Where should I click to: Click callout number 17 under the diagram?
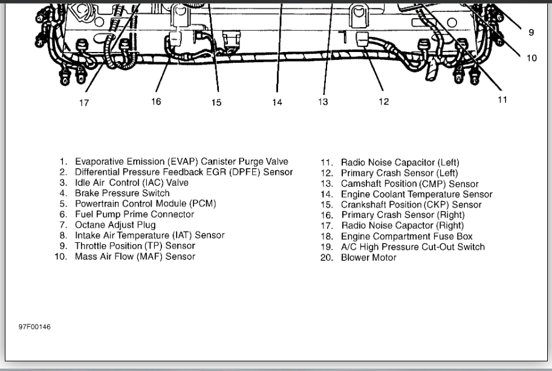84,103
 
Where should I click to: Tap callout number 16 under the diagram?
156,102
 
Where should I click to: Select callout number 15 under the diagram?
216,103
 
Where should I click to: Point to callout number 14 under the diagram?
277,103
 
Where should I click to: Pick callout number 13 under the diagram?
323,102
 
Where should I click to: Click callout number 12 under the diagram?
384,102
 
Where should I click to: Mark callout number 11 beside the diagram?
502,100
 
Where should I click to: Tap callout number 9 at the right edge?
531,33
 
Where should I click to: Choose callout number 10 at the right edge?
531,59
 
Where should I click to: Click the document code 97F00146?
34,327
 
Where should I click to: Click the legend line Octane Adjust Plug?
115,225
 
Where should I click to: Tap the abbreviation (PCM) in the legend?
203,204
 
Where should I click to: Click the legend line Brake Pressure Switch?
122,193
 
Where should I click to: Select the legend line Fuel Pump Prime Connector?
134,215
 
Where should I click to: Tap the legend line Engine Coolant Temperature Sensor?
417,194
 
